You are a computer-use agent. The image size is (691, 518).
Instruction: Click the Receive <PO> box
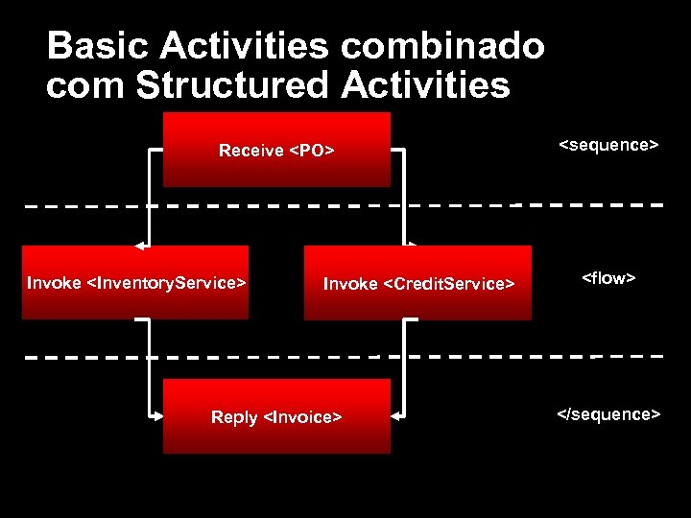(276, 150)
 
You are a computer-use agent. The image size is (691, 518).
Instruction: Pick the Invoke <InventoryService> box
(136, 283)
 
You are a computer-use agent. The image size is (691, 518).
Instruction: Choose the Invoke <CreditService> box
(417, 283)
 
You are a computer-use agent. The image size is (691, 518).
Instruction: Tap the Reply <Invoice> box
(276, 416)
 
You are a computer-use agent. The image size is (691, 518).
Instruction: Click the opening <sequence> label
(608, 145)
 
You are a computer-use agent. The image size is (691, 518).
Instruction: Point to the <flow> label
(608, 278)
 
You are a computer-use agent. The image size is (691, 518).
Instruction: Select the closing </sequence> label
(608, 414)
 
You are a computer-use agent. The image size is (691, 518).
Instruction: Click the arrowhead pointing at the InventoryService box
(140, 245)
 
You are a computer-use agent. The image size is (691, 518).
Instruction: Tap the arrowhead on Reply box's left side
(156, 416)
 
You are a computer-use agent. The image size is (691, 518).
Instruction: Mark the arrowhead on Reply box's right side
(396, 416)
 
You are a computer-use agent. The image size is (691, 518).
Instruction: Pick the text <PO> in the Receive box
(312, 151)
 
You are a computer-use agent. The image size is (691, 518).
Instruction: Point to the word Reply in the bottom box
(234, 417)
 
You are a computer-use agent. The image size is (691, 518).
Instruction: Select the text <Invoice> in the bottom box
(302, 417)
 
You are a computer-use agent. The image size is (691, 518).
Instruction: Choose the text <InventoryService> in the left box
(167, 283)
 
